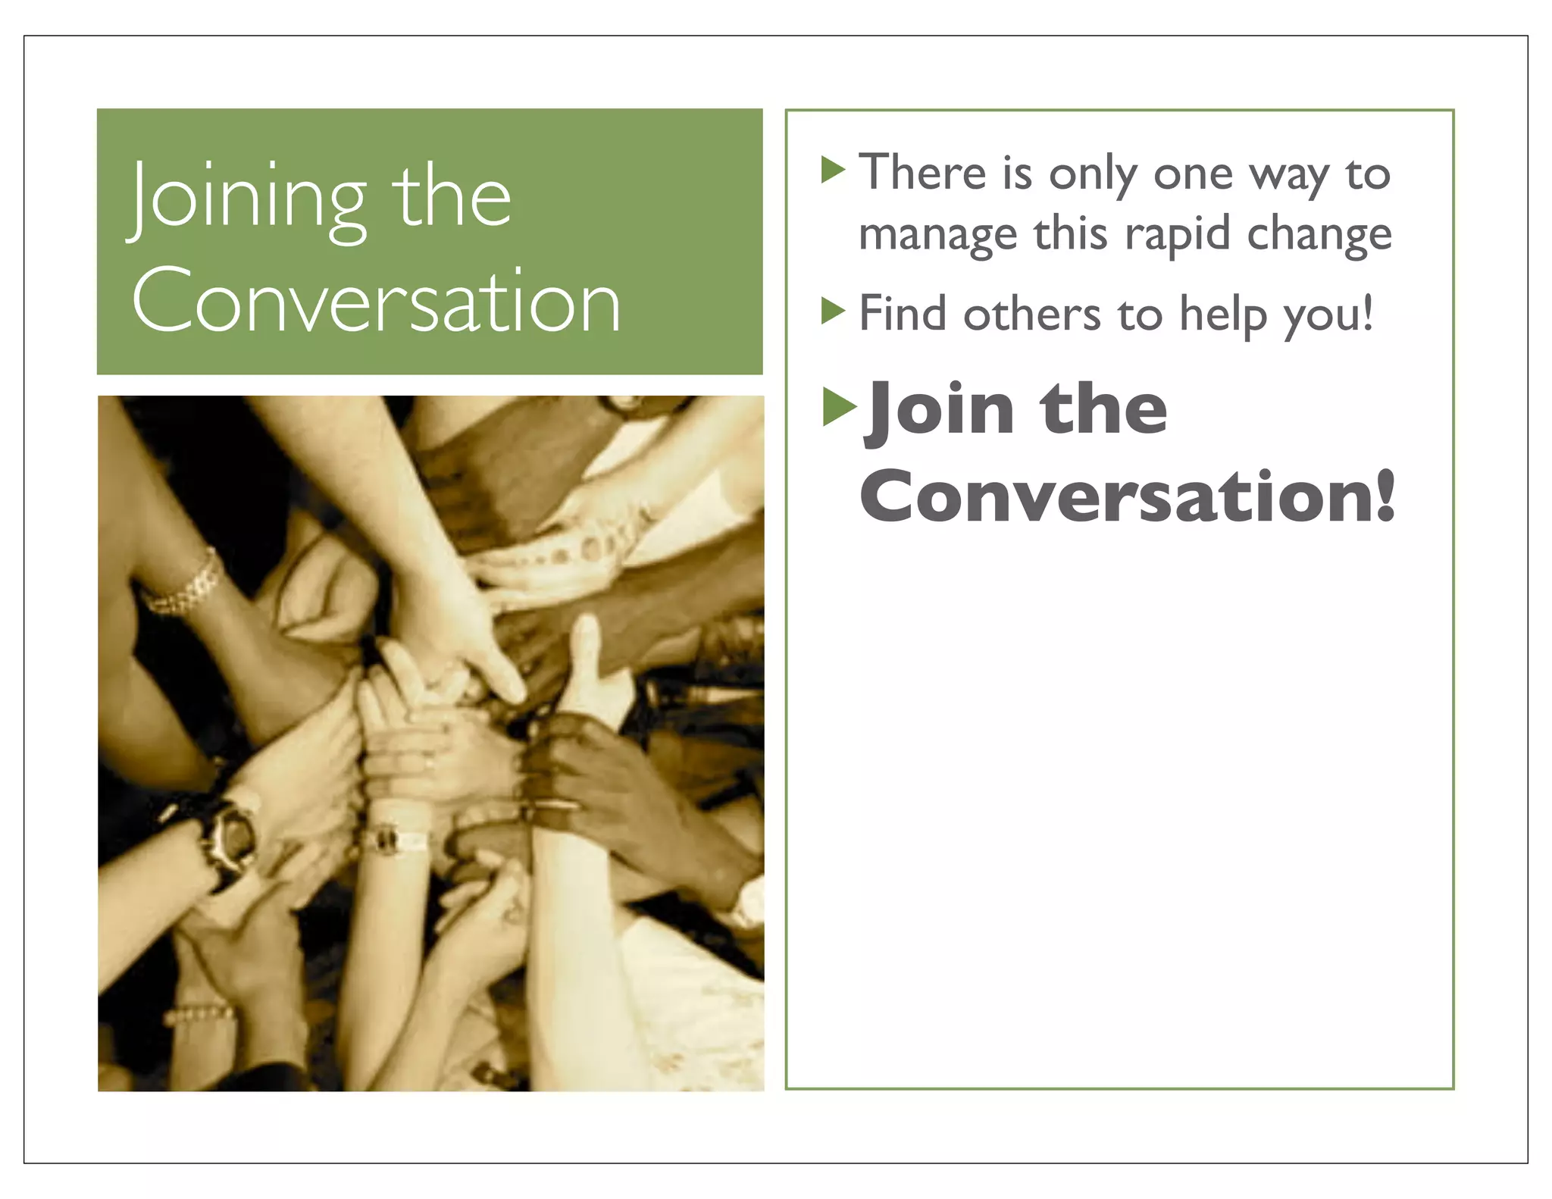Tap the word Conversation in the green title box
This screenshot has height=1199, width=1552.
coord(376,302)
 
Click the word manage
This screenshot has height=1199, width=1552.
coord(937,235)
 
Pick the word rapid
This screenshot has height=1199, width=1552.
coord(1177,235)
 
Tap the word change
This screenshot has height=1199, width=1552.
coord(1319,235)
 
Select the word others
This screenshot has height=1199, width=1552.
coord(1031,314)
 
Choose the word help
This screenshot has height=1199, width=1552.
coord(1223,315)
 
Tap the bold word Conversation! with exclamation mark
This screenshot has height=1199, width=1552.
coord(1127,496)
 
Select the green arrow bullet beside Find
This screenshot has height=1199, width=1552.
coord(833,311)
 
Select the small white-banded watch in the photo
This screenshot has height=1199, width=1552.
coord(392,838)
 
